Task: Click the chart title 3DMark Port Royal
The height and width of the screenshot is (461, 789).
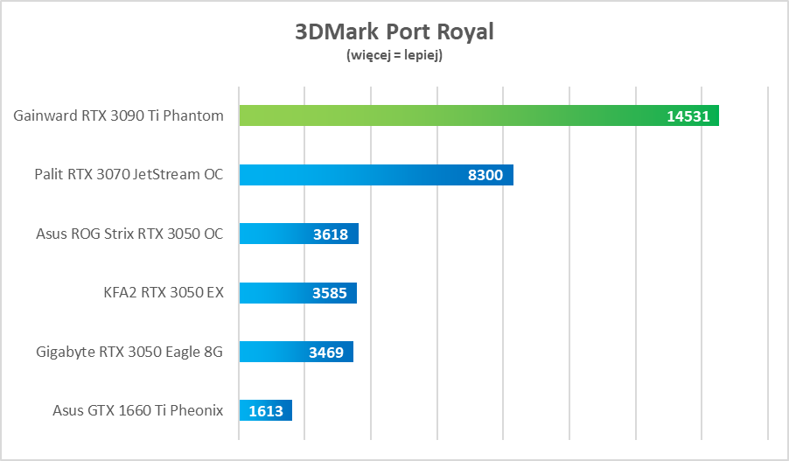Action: [x=394, y=32]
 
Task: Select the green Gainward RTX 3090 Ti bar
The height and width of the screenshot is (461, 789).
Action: [x=437, y=115]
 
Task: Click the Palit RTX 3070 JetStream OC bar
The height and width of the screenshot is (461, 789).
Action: [x=350, y=175]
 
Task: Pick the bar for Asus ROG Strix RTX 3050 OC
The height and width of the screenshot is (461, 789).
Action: [x=271, y=234]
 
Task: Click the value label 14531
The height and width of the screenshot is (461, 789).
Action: [x=688, y=116]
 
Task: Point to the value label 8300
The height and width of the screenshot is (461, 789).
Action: [x=485, y=175]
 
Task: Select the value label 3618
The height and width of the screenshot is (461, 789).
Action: [x=331, y=234]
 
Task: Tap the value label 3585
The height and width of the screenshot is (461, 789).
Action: [x=329, y=293]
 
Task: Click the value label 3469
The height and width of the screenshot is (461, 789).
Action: [x=325, y=353]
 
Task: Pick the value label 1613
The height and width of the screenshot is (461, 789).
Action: [x=266, y=411]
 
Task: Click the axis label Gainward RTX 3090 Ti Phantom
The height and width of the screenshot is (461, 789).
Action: [x=119, y=115]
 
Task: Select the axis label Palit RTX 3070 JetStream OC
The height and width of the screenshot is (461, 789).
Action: [x=129, y=175]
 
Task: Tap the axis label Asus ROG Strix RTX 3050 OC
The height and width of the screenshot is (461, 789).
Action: [x=129, y=234]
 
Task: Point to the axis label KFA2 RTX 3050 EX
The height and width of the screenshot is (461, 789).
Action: [x=164, y=293]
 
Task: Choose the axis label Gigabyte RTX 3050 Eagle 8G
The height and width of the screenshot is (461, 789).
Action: [x=129, y=352]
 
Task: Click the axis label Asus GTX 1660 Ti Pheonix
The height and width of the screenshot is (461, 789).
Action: [x=138, y=410]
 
